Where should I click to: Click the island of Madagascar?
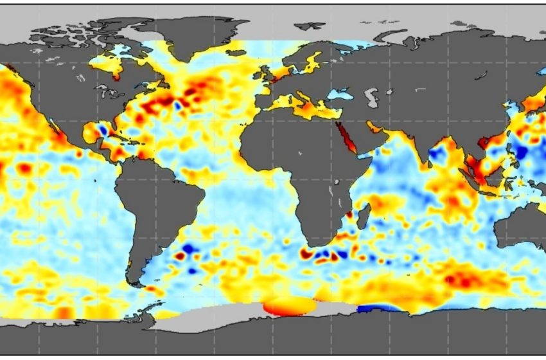[x=362, y=216]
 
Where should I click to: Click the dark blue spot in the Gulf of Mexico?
[x=101, y=130]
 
